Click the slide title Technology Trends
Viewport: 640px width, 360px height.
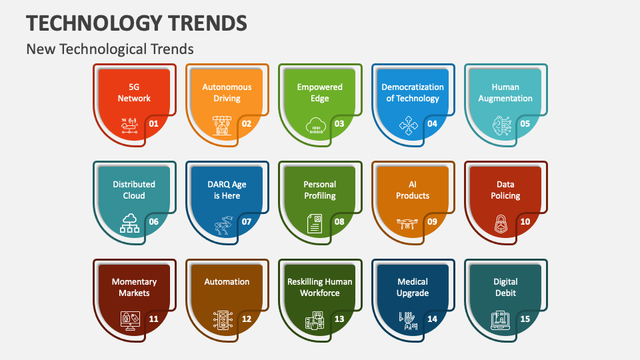(x=137, y=23)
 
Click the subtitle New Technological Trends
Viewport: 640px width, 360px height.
(x=110, y=49)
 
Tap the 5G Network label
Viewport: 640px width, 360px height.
(x=134, y=93)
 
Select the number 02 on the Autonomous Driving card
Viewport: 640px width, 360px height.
(x=247, y=123)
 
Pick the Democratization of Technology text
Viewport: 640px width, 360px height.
(x=413, y=93)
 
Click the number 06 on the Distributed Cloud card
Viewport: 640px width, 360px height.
(x=153, y=221)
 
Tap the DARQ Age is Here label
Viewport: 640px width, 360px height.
(x=227, y=190)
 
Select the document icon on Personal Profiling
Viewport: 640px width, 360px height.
(x=314, y=223)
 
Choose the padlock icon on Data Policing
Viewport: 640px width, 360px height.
(x=500, y=224)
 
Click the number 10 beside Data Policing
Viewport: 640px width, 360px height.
(x=525, y=221)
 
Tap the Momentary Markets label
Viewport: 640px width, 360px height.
(x=134, y=287)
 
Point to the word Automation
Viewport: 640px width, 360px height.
(x=227, y=282)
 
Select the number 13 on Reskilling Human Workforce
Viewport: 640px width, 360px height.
(x=339, y=319)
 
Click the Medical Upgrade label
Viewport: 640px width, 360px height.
(x=413, y=287)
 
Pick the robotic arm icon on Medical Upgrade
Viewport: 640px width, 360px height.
(x=407, y=320)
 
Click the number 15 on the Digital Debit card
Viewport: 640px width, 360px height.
(x=525, y=319)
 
